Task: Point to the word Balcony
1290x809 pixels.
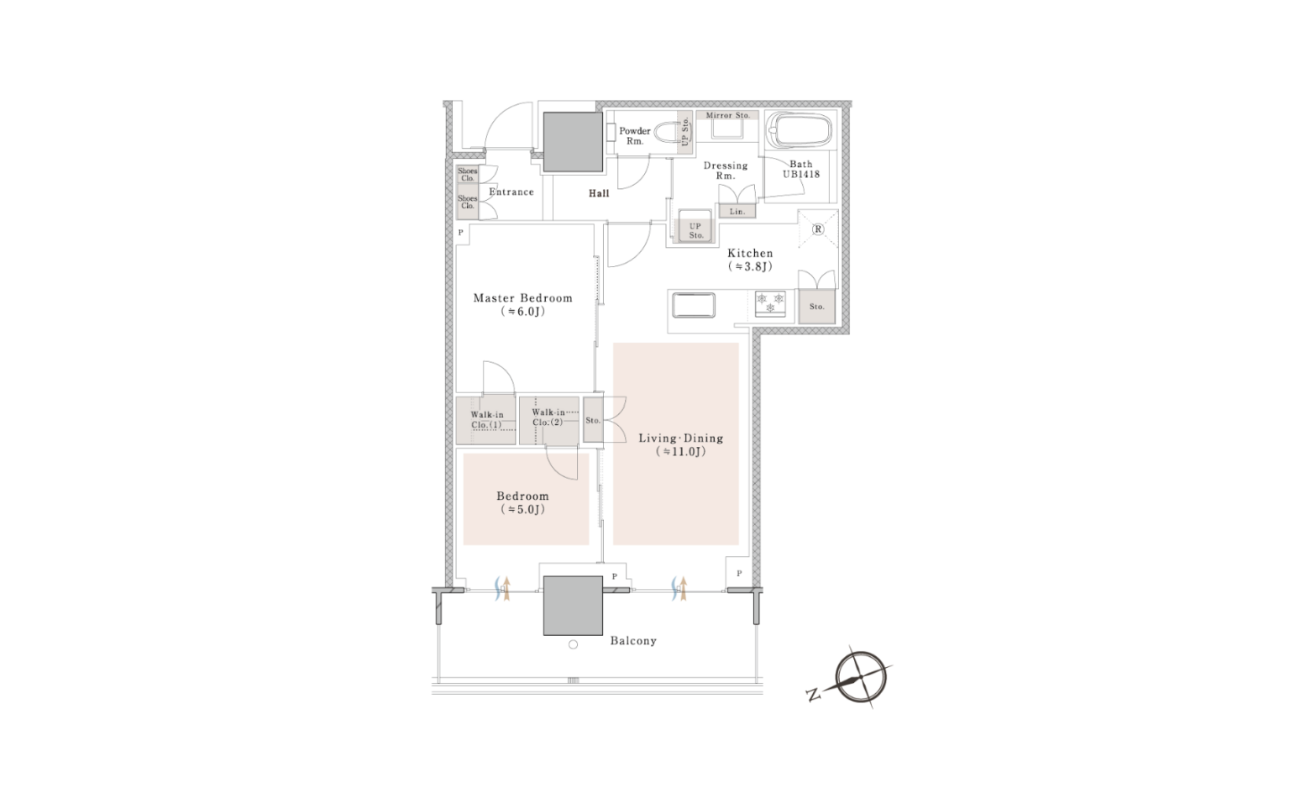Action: pyautogui.click(x=633, y=641)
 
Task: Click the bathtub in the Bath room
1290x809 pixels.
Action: pyautogui.click(x=800, y=130)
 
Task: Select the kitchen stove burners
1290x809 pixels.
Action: pyautogui.click(x=770, y=303)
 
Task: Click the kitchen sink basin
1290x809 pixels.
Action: pyautogui.click(x=694, y=306)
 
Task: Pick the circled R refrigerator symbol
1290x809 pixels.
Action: pyautogui.click(x=818, y=229)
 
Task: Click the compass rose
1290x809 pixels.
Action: pyautogui.click(x=861, y=677)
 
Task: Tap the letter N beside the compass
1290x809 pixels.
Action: pyautogui.click(x=814, y=695)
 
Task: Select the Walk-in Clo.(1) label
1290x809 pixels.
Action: pyautogui.click(x=486, y=420)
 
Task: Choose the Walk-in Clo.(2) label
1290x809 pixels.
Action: pyautogui.click(x=548, y=418)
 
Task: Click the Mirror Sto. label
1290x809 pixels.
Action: pyautogui.click(x=728, y=115)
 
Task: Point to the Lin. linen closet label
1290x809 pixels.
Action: pyautogui.click(x=737, y=212)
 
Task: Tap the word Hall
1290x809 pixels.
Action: pyautogui.click(x=599, y=193)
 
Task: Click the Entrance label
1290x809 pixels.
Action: pyautogui.click(x=511, y=192)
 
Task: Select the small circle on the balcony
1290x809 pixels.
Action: pyautogui.click(x=573, y=645)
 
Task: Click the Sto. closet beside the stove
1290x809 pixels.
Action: pyautogui.click(x=816, y=307)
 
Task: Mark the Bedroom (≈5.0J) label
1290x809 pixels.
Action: pyautogui.click(x=523, y=502)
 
